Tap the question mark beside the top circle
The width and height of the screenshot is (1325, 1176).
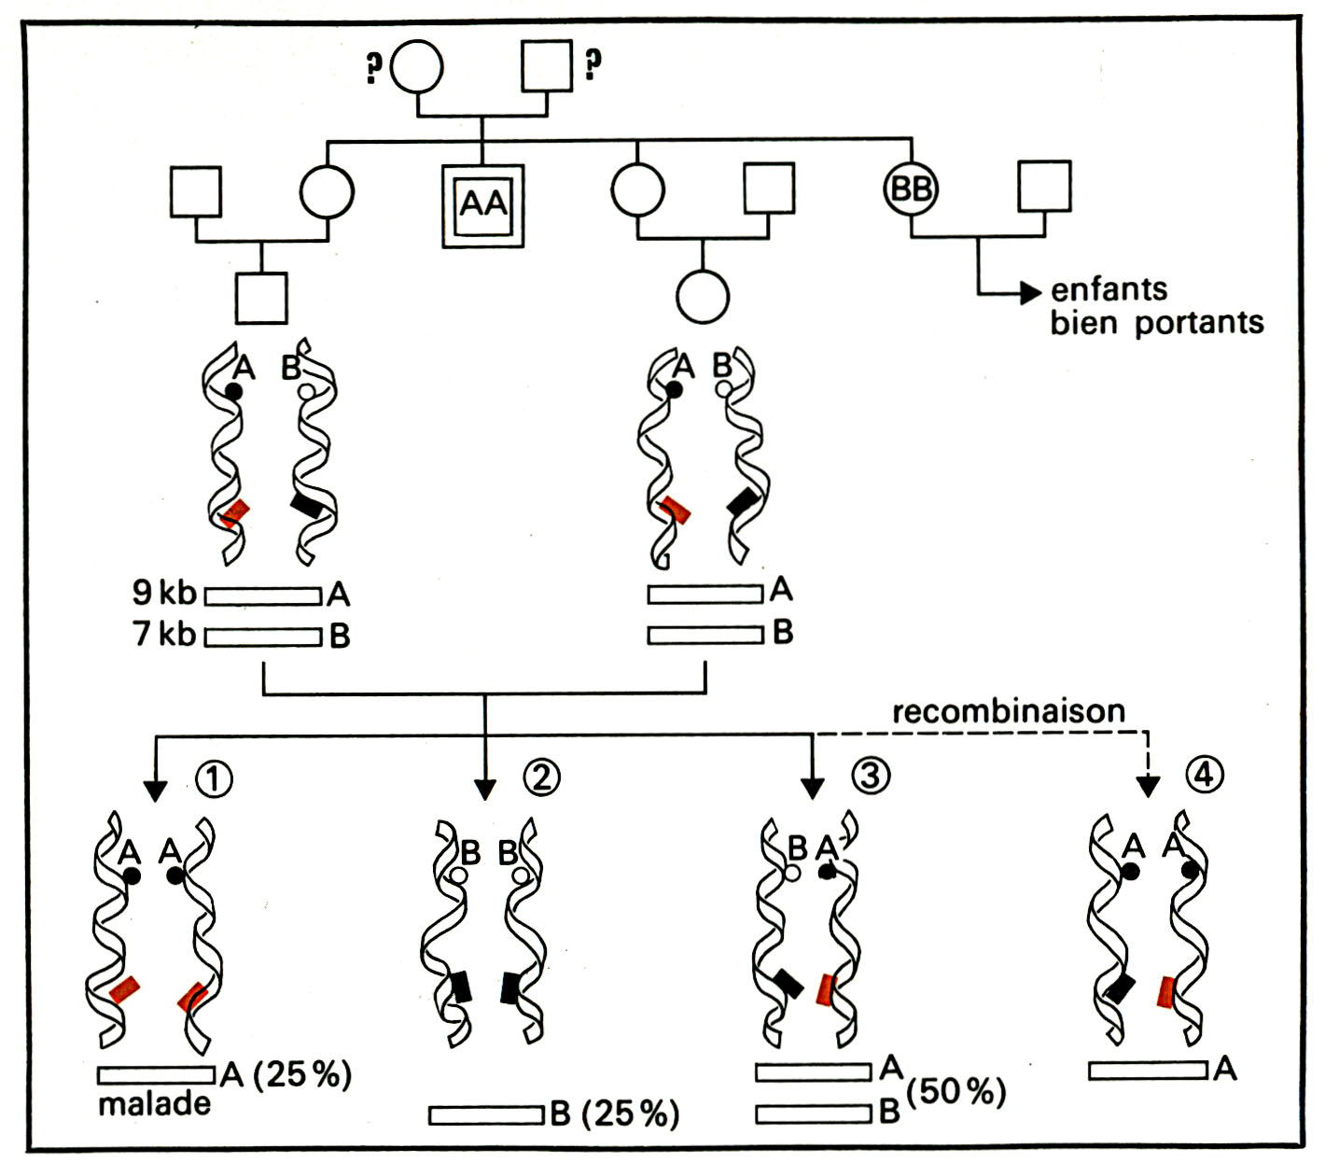(373, 66)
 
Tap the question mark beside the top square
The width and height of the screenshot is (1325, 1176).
(593, 63)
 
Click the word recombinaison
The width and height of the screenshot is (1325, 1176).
(1009, 711)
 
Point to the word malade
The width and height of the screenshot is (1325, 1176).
(154, 1104)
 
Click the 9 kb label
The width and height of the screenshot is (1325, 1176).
(164, 593)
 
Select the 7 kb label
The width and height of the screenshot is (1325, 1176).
(164, 633)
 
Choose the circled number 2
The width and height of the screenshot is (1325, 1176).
(541, 777)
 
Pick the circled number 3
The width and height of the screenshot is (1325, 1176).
(871, 776)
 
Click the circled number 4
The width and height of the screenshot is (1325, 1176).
(1204, 775)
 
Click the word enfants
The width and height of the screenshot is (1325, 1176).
(1109, 289)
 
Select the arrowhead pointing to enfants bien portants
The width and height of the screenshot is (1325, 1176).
(1031, 293)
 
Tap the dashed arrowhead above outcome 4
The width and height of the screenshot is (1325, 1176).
(1148, 787)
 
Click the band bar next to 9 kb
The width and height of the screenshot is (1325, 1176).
(263, 595)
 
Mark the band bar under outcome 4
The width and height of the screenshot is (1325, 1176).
(1148, 1071)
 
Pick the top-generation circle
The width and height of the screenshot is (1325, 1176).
(416, 66)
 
